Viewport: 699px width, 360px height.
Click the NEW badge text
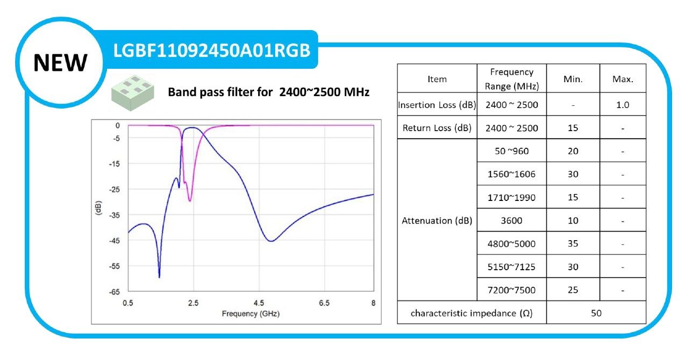tap(60, 62)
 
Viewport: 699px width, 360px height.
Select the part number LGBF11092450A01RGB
tap(212, 51)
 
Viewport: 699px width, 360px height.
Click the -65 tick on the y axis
tap(115, 292)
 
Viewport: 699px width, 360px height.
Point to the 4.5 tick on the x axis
tap(259, 304)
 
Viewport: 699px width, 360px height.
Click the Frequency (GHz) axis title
tap(251, 313)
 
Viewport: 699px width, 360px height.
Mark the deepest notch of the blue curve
tap(159, 276)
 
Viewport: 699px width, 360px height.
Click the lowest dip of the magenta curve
tap(190, 200)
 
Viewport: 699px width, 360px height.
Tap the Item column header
tap(437, 79)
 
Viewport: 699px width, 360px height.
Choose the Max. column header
tap(623, 79)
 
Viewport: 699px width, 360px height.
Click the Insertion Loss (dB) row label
tap(437, 105)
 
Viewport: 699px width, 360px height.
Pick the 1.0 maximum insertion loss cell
tap(623, 105)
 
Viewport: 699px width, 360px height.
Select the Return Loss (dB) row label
tap(437, 128)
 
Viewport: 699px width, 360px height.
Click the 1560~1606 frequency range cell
tap(511, 174)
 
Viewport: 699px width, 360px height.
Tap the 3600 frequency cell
tap(511, 220)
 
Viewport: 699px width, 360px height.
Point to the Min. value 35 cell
tap(573, 243)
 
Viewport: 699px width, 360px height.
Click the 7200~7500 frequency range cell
tap(511, 290)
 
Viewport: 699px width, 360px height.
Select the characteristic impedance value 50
tap(596, 313)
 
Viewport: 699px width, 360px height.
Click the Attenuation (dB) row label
tap(437, 220)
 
